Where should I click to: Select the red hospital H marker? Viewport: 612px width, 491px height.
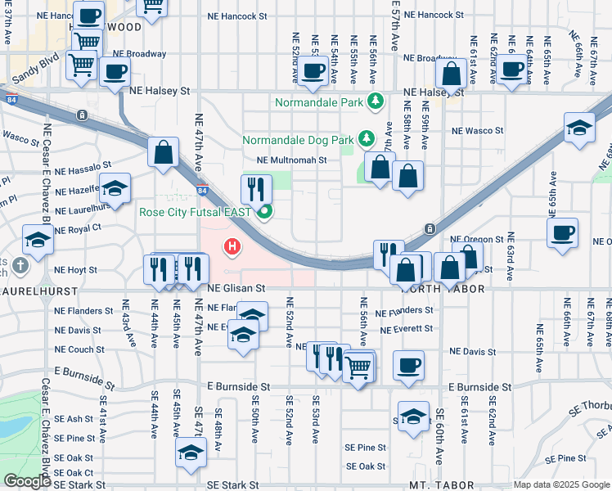pos(233,245)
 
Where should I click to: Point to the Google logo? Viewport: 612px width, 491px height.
pos(27,481)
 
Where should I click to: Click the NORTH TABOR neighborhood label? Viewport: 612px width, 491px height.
pos(442,289)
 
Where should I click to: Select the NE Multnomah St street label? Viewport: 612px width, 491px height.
pos(291,160)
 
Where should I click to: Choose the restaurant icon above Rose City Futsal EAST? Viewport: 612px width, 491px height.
pos(256,189)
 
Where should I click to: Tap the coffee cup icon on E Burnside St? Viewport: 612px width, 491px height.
pos(408,364)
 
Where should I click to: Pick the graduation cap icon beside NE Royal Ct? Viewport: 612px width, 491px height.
pos(38,239)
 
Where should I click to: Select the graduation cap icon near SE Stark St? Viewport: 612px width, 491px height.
pos(191,452)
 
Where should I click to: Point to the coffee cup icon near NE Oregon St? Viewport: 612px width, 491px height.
pos(562,232)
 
